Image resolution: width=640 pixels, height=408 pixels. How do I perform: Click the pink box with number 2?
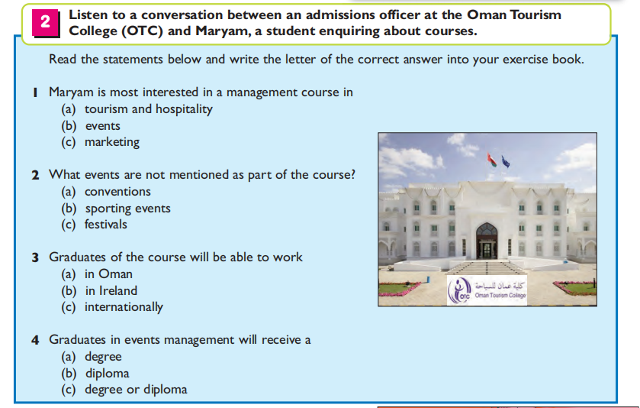[x=45, y=22]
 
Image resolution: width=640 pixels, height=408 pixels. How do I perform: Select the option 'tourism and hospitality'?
[x=149, y=109]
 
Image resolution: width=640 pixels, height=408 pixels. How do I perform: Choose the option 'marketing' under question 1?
[x=112, y=142]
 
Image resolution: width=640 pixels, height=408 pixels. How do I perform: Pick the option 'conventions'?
[x=117, y=191]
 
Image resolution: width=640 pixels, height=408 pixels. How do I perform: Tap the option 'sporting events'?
[x=127, y=209]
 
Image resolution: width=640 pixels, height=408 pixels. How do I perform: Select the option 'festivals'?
[x=106, y=225]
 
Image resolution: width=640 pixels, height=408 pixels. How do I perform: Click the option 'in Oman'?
[x=108, y=274]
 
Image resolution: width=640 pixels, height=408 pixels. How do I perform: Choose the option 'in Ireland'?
[x=111, y=290]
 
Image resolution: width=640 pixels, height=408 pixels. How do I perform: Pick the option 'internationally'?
[x=124, y=307]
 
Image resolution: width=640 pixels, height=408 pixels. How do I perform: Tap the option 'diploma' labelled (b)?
[x=108, y=374]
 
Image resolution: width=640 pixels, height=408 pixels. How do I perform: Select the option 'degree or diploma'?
[x=136, y=390]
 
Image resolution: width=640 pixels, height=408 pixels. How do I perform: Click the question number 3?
[x=36, y=257]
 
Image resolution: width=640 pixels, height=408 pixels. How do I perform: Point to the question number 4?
[x=36, y=340]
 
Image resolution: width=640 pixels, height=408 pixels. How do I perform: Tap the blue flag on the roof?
[x=506, y=161]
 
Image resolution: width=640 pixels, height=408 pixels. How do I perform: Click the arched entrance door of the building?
[x=487, y=241]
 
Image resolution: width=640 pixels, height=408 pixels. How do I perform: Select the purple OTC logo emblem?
[x=459, y=290]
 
